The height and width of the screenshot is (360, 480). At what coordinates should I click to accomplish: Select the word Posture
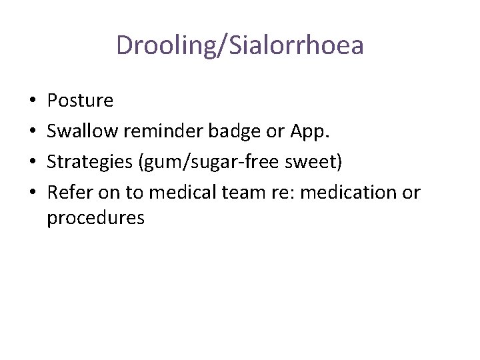(80, 101)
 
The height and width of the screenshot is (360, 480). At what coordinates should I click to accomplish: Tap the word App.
(309, 132)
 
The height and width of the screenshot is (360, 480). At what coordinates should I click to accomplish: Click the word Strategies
(91, 163)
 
